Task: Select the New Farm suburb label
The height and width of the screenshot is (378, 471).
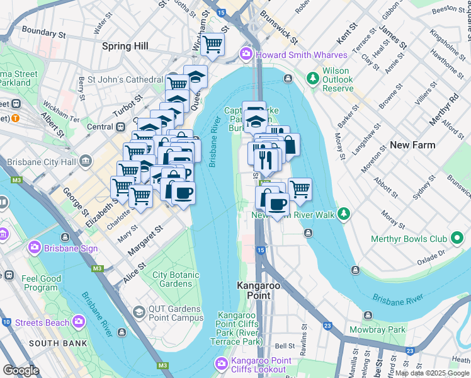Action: point(412,145)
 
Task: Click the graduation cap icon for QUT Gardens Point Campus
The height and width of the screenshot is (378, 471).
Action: point(139,312)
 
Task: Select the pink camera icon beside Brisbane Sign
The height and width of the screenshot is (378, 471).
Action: point(35,248)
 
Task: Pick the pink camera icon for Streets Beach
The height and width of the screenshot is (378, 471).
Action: point(79,321)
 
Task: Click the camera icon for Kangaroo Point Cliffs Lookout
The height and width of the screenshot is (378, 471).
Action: point(221,363)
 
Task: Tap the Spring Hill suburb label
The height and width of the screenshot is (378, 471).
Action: point(125,46)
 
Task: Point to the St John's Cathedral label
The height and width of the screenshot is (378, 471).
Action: point(125,79)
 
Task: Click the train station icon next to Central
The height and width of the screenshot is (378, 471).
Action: point(120,127)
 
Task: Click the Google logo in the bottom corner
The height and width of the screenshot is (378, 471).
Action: point(21,370)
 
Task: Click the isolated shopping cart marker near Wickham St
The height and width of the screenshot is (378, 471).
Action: point(213,43)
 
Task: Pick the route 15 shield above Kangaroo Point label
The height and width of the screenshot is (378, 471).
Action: point(261,251)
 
